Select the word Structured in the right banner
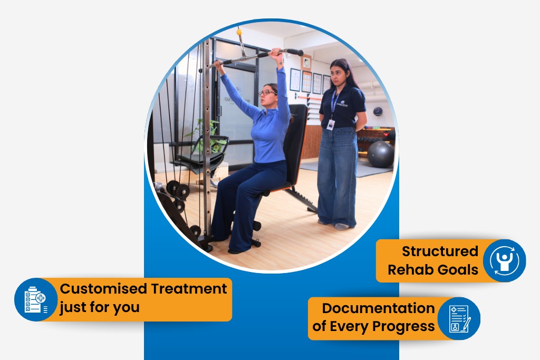click(439, 251)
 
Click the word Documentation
click(378, 308)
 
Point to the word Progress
click(403, 326)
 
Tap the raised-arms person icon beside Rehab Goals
click(504, 260)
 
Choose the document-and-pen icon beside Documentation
click(459, 318)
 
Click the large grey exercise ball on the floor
click(380, 154)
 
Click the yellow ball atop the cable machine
click(239, 32)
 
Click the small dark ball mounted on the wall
click(378, 111)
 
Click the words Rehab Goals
click(433, 270)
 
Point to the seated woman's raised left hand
click(276, 53)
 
